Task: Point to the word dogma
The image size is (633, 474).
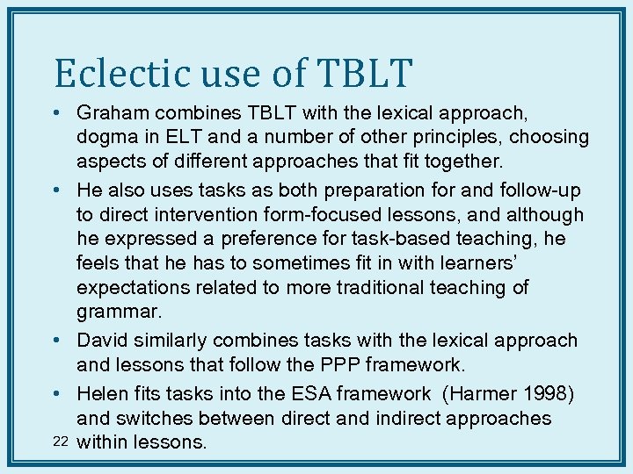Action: (107, 138)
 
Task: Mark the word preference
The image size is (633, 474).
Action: (280, 240)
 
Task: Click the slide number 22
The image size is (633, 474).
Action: (61, 442)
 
